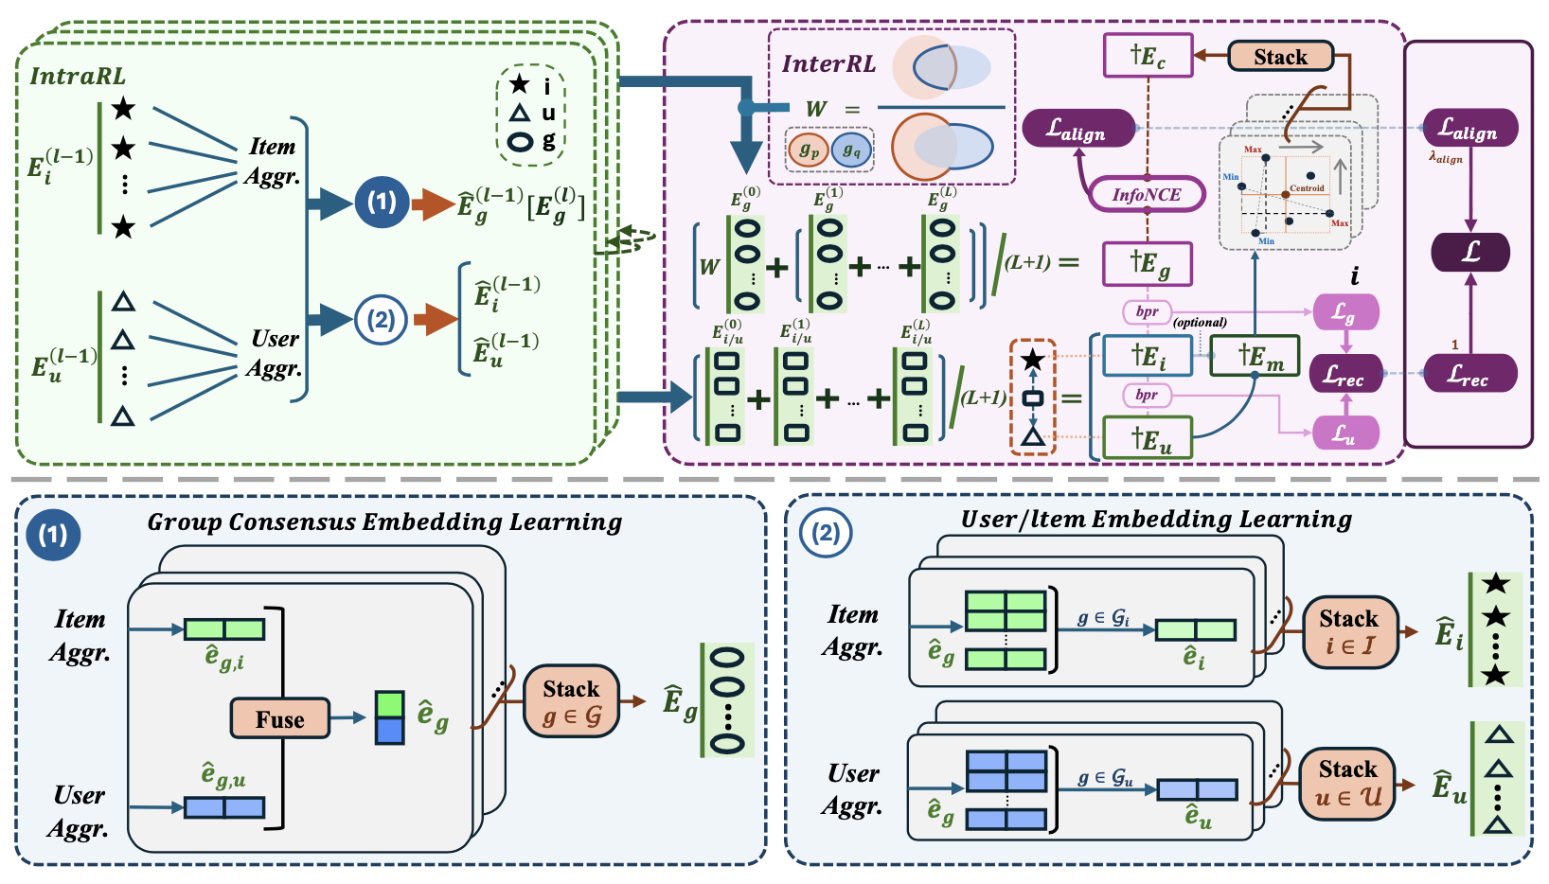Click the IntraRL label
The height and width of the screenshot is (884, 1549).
[78, 77]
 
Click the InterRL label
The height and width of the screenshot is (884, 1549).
[828, 64]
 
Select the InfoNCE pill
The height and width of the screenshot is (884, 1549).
[1147, 195]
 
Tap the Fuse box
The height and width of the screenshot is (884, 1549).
[280, 719]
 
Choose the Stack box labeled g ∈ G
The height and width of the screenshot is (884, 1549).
[571, 702]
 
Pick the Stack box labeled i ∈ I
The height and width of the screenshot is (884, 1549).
[1349, 632]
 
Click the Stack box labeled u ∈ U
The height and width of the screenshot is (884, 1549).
[1348, 783]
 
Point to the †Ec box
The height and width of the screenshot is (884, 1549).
[1148, 57]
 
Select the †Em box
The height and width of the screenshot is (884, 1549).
[1255, 356]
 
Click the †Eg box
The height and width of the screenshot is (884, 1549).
[1148, 264]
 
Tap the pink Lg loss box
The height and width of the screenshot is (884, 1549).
[1345, 312]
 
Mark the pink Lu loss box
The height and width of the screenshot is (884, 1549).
[1345, 433]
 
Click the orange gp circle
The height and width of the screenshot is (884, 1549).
[809, 150]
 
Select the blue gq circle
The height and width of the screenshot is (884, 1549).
[851, 150]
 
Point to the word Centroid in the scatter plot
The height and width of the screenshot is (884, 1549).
[1307, 188]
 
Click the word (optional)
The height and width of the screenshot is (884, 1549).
[1200, 323]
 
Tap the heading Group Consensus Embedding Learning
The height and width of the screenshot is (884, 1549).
[384, 522]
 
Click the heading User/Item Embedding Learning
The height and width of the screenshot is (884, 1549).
[1156, 520]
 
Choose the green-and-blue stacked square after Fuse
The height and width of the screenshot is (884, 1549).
[389, 718]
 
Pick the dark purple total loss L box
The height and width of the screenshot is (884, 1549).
[1469, 253]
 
